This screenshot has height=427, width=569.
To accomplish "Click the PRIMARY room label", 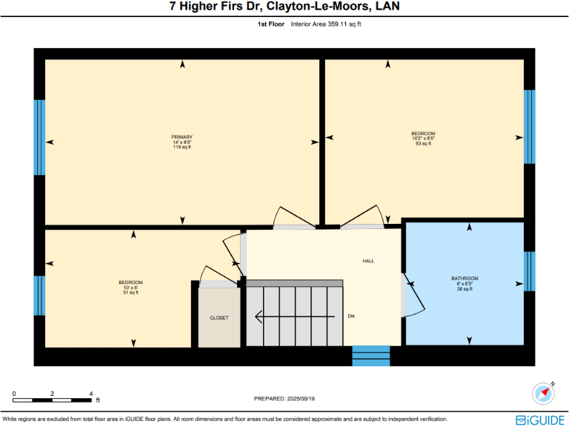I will [x=182, y=137].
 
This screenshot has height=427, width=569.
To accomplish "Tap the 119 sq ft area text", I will [x=182, y=147].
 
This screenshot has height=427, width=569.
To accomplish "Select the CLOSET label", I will [x=219, y=317].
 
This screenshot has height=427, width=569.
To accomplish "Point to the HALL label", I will [x=368, y=262].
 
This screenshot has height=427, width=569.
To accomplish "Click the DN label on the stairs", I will [x=351, y=317].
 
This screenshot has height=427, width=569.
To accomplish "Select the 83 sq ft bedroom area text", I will [x=423, y=143].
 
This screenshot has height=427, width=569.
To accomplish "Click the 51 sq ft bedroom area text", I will [x=130, y=293].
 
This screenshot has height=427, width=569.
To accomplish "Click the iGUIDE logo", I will [x=541, y=419].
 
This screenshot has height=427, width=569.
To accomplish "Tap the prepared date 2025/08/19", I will [x=284, y=398].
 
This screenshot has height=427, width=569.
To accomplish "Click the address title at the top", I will [x=284, y=8].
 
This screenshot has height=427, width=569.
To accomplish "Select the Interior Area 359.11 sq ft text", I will [x=326, y=24].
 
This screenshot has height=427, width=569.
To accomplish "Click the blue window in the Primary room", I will [x=39, y=137].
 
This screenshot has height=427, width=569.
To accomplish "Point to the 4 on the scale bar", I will [x=90, y=393].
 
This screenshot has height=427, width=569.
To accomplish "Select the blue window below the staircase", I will [x=370, y=356].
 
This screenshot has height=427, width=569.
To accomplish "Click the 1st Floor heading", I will [x=270, y=24].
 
